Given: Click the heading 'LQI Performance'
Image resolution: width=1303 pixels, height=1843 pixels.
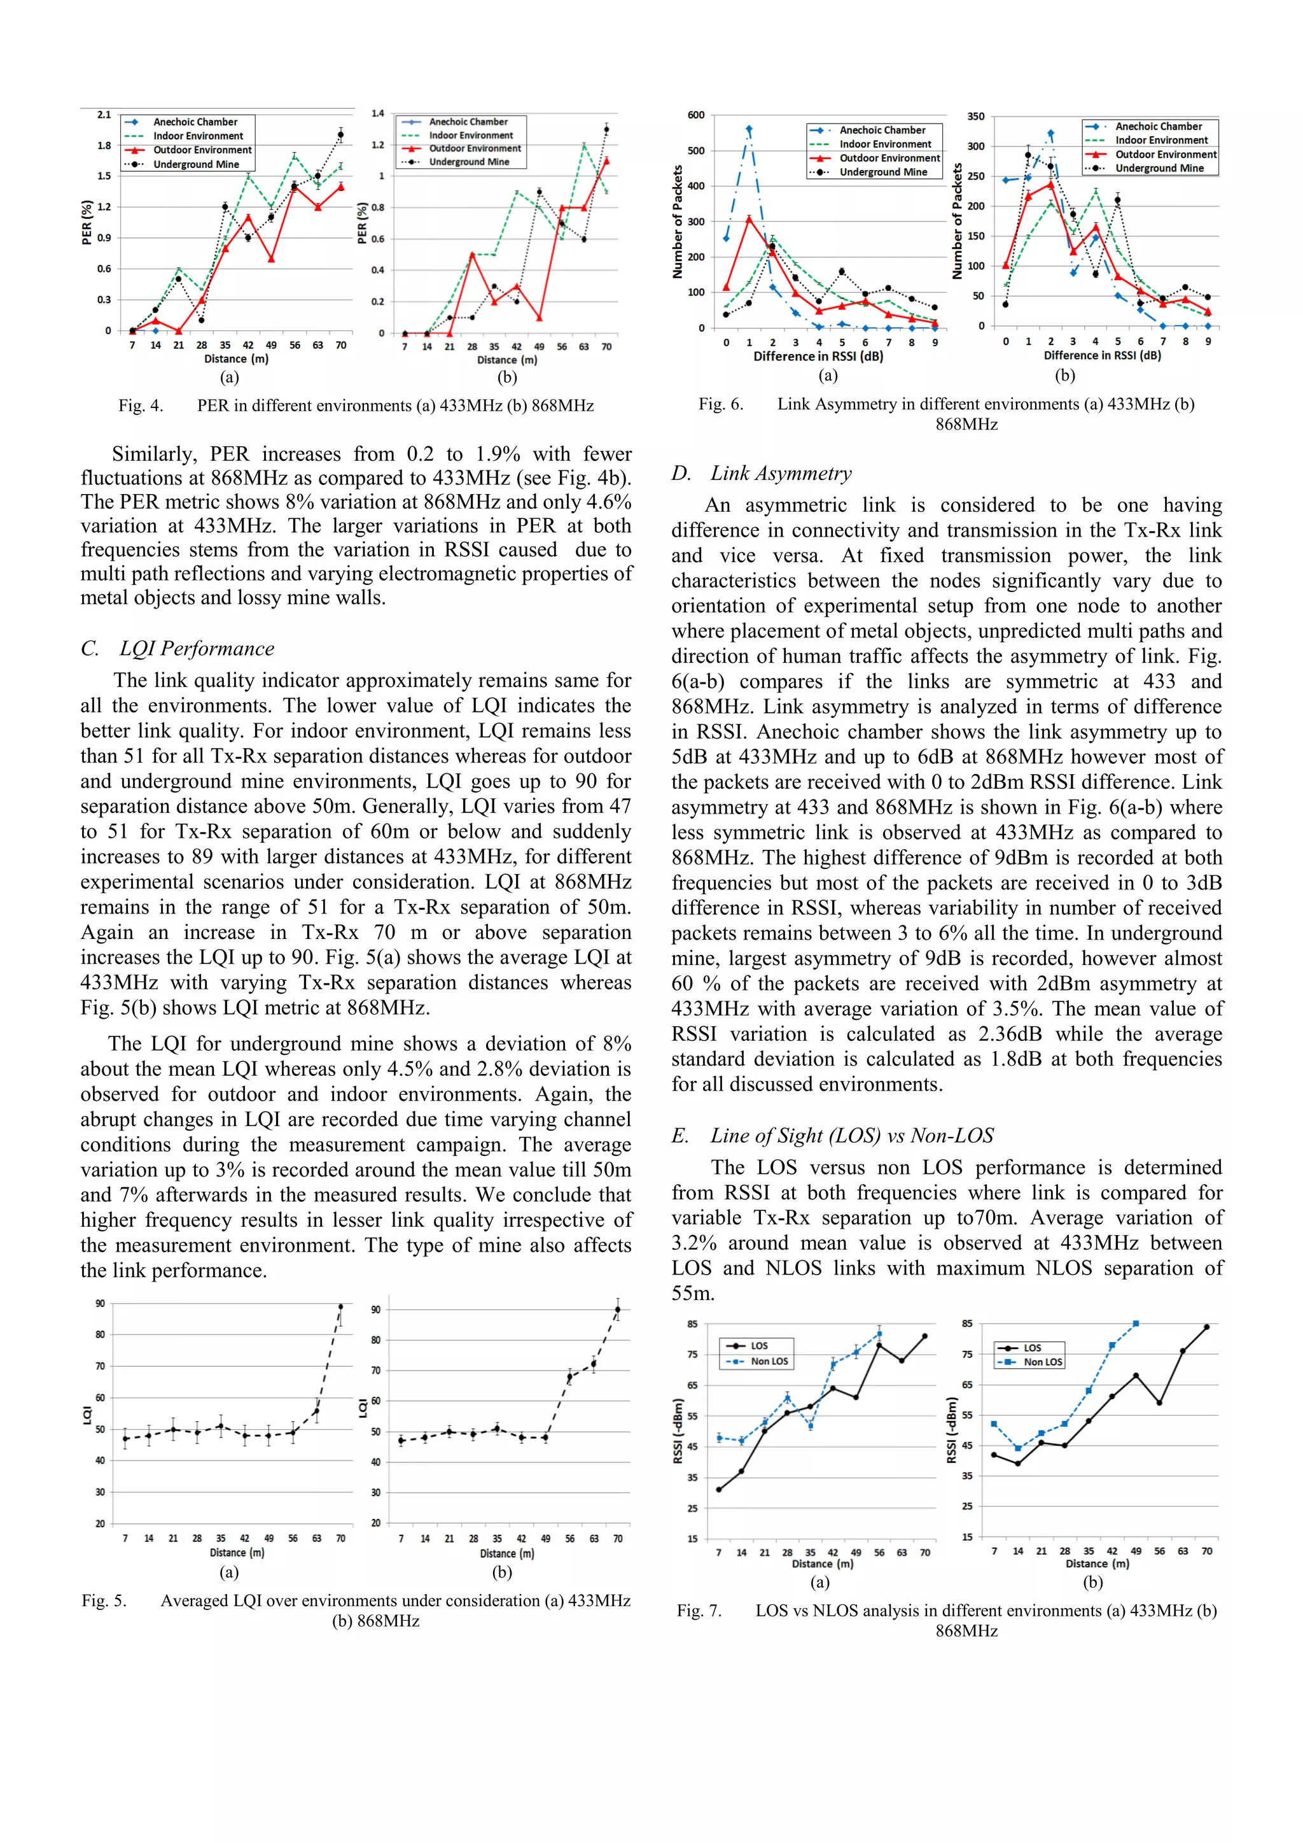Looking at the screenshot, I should pos(197,649).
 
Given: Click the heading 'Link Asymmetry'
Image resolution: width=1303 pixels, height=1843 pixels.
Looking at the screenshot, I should pos(781,474).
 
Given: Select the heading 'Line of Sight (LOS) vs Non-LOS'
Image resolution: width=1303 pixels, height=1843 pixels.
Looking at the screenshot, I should pos(851,1136).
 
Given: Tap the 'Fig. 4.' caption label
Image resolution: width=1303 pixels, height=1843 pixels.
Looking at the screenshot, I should pos(141,406).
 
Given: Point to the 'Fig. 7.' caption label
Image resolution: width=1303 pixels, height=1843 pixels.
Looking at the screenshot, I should pos(699,1611).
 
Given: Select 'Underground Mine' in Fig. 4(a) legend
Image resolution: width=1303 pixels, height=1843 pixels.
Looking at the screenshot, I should pos(196,164).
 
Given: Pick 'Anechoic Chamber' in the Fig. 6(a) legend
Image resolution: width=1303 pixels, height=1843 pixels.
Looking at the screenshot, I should pos(882,130).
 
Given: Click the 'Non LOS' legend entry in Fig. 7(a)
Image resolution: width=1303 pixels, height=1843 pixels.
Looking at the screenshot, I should pos(769,1361).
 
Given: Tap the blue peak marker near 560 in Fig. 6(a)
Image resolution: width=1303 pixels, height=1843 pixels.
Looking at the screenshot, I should pos(749,129).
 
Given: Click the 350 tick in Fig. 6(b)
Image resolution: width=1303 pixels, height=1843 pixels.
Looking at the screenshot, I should pos(975,117).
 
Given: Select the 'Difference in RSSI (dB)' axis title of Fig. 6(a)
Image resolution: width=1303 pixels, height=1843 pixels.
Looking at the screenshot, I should pos(818,357).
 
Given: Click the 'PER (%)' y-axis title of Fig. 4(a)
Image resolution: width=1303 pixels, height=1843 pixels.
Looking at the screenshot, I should pos(87,222).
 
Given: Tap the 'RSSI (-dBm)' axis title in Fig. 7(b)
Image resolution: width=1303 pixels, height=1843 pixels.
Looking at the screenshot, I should pos(952,1430).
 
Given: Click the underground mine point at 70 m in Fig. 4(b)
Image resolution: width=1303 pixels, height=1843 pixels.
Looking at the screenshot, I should pos(606,129).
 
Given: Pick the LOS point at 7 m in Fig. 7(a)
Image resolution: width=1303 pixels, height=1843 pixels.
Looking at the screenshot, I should pos(719,1490).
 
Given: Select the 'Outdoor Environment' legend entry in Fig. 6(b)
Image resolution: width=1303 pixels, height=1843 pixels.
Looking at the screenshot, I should pos(1165,155).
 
